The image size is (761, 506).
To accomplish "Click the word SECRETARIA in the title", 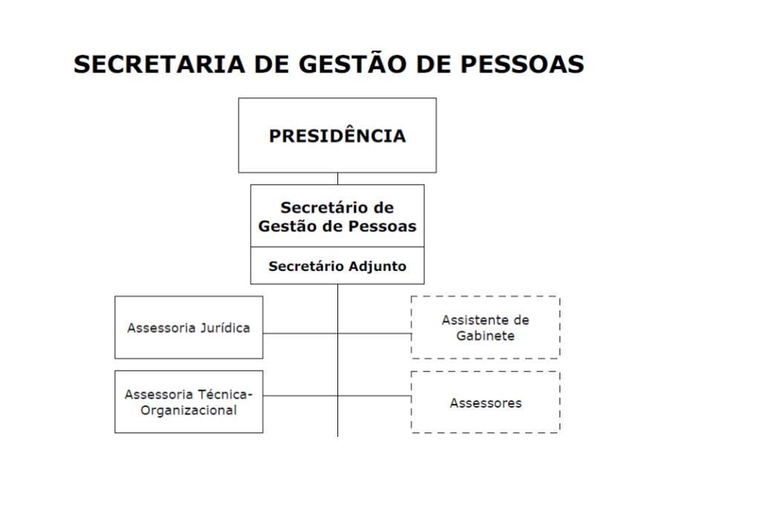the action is (159, 64).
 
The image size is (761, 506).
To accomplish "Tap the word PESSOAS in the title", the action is (522, 64).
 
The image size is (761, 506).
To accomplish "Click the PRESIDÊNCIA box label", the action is (337, 136).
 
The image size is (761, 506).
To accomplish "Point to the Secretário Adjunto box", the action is (337, 266).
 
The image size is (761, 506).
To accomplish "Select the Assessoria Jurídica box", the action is (189, 327).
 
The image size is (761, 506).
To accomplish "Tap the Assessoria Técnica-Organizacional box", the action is (189, 402).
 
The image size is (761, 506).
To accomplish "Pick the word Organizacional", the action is (189, 410).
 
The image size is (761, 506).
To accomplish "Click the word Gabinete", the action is (485, 336).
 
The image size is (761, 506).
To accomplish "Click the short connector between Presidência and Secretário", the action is (337, 179).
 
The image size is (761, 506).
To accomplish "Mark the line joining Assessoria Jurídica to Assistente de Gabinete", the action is (337, 333).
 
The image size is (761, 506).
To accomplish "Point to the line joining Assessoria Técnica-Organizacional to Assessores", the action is (337, 396).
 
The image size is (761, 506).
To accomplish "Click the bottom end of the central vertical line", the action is (337, 436).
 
